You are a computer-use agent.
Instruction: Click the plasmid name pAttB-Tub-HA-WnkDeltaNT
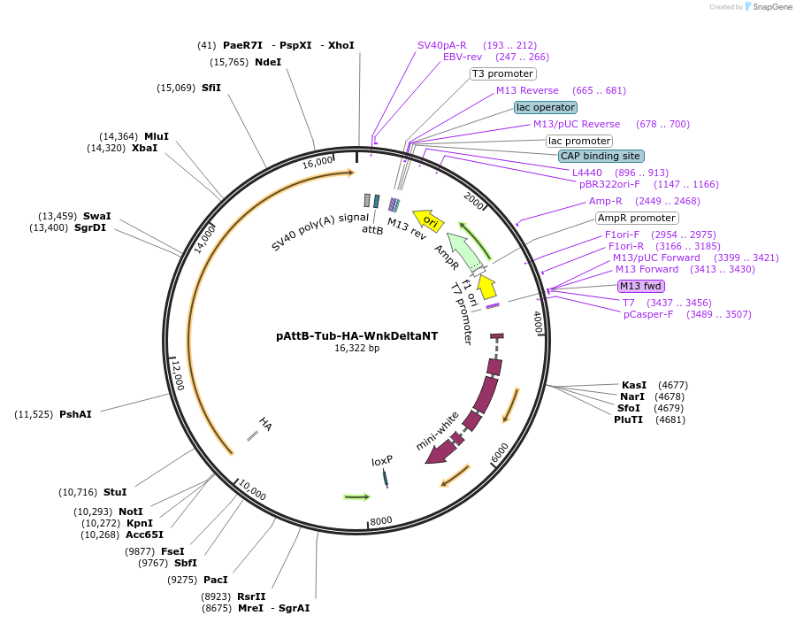click(x=356, y=335)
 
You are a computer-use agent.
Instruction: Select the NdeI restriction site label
click(x=268, y=62)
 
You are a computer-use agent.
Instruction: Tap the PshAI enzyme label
click(x=75, y=414)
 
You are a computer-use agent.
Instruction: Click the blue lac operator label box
click(x=546, y=107)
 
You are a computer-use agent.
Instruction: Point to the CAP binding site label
click(x=601, y=156)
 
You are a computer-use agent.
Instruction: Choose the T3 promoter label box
click(x=502, y=74)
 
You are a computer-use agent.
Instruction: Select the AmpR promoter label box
click(x=637, y=218)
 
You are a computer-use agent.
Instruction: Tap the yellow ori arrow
click(x=430, y=220)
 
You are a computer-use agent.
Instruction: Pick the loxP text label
click(x=381, y=461)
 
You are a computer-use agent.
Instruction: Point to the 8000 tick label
click(x=381, y=520)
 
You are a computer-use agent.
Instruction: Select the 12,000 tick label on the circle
click(x=178, y=375)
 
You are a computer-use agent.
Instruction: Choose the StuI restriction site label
click(x=115, y=492)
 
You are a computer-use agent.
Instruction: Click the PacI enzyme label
click(x=215, y=580)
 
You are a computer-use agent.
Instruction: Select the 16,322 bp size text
click(x=356, y=349)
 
